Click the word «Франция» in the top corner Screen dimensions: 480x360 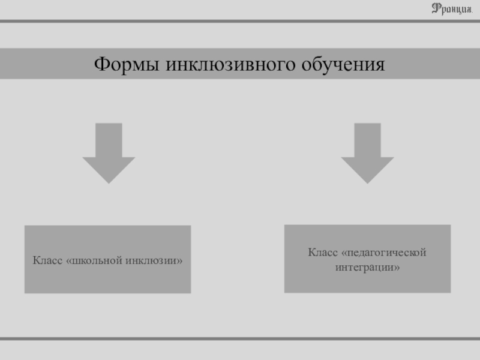(452, 9)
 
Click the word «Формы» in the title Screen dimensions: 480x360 (127, 64)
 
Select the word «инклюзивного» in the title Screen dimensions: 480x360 (230, 64)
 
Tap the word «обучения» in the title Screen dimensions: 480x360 (343, 65)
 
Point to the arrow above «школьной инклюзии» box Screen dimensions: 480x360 (109, 154)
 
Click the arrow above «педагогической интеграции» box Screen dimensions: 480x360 (367, 154)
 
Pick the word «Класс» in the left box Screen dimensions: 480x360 (47, 260)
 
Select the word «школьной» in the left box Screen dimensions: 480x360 (94, 260)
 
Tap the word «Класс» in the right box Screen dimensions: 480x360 (323, 252)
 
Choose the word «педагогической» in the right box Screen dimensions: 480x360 (384, 253)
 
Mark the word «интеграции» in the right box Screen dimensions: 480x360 (367, 267)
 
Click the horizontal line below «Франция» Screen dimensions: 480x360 (240, 21)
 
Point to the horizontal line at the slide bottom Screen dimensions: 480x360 (240, 338)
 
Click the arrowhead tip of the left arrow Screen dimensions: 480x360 (109, 184)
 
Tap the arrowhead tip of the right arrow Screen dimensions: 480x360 (367, 184)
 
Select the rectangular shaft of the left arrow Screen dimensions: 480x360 (109, 140)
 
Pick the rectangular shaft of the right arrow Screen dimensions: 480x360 (367, 140)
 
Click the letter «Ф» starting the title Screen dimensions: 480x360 (101, 64)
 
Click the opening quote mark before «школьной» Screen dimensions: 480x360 (69, 261)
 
